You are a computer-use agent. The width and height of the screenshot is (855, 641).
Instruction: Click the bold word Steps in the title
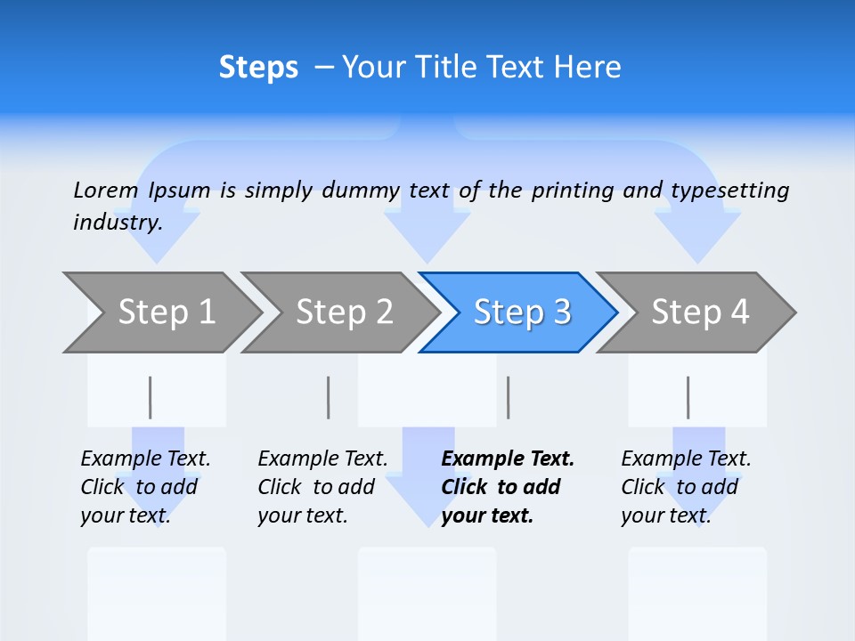[258, 68]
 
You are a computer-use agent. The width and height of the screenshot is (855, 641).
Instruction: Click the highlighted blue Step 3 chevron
[521, 312]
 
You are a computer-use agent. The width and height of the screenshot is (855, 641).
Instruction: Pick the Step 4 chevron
[700, 312]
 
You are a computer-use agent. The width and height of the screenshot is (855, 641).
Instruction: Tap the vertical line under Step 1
[150, 397]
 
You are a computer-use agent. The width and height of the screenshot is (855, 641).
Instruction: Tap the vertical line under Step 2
[329, 397]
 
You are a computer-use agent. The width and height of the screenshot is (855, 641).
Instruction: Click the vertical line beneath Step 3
[508, 397]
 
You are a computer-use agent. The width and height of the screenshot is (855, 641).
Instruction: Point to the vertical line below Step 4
[688, 397]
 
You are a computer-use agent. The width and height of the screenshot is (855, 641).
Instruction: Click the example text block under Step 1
[145, 487]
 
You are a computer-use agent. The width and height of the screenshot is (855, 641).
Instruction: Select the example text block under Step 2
[322, 487]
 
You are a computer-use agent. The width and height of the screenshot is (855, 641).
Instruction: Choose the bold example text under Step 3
[508, 487]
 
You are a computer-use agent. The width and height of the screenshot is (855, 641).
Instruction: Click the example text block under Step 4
[686, 487]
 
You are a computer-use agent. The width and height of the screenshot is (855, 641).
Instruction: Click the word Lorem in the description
[105, 190]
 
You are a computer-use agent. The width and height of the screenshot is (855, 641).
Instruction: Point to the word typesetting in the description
[729, 191]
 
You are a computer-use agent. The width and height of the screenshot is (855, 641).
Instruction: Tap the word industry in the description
[117, 222]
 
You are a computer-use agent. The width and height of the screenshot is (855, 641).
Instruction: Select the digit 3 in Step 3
[561, 312]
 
